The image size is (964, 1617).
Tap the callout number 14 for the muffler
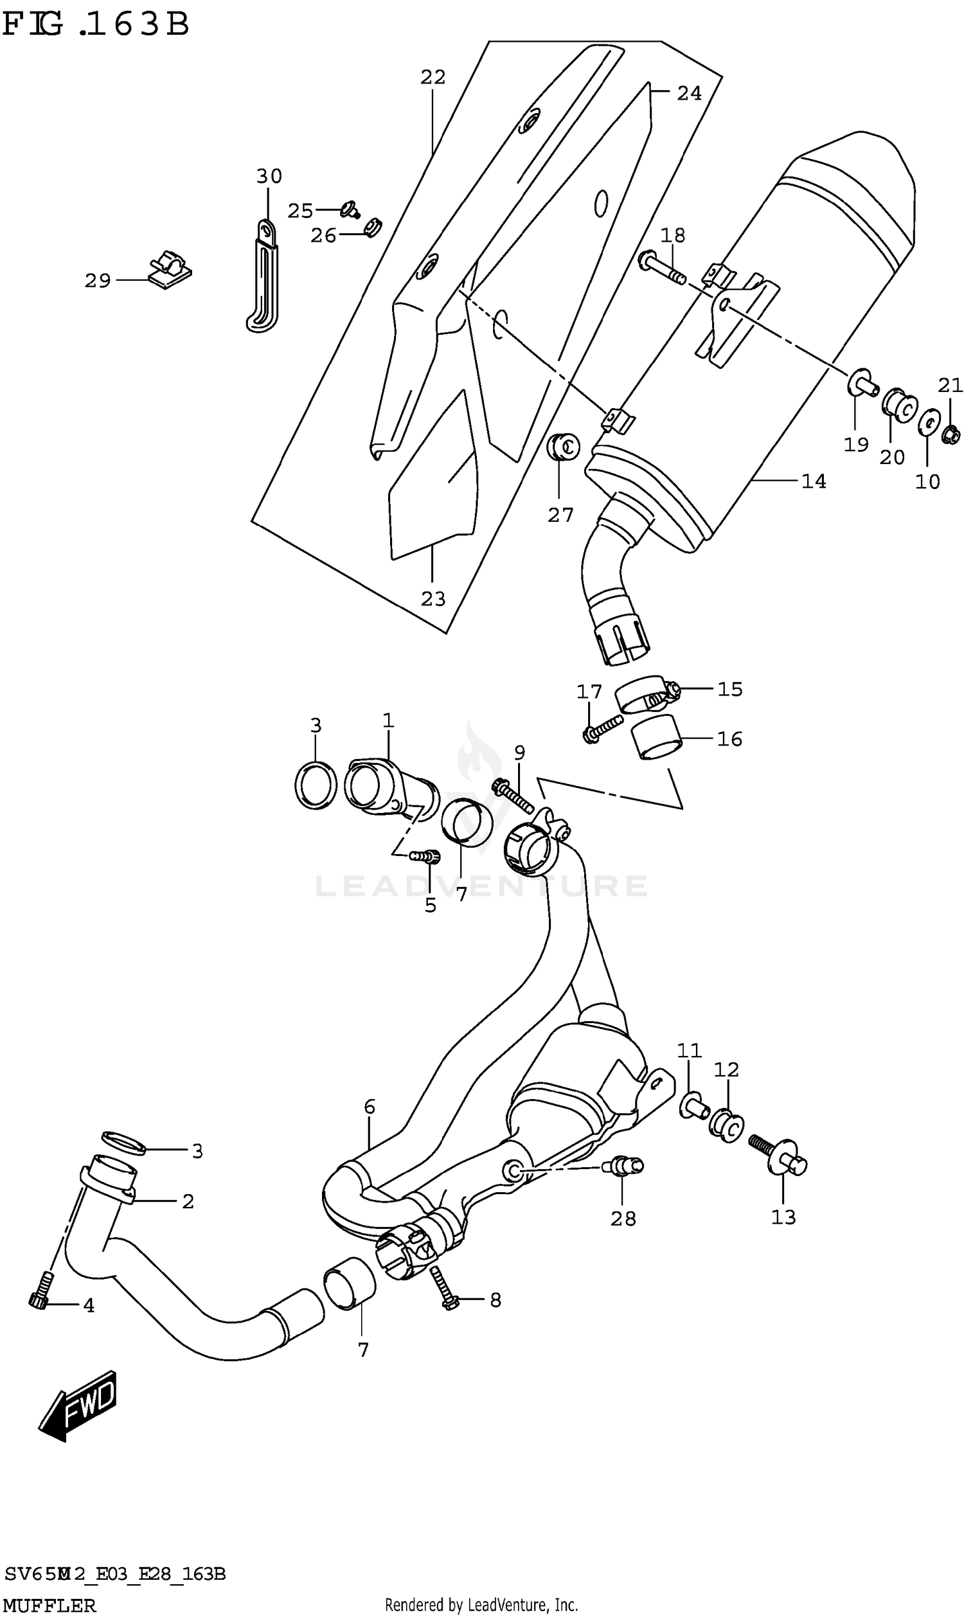[813, 481]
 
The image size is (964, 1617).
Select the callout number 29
[98, 281]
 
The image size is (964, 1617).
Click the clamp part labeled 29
[170, 269]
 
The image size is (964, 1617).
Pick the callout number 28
[623, 1219]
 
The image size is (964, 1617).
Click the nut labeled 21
[951, 434]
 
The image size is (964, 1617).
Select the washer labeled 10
[929, 424]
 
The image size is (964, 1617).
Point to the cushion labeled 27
[564, 445]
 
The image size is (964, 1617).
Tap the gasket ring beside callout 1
[316, 785]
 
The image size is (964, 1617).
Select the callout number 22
[433, 77]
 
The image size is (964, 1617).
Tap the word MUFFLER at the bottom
[50, 1605]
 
